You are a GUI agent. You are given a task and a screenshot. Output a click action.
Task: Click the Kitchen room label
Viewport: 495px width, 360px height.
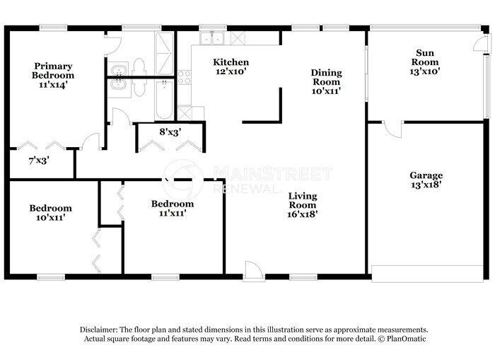[x=231, y=62]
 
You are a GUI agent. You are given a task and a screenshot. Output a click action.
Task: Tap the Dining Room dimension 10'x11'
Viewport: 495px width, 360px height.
[x=327, y=91]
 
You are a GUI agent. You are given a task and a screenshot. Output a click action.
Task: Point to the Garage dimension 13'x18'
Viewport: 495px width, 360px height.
[x=426, y=185]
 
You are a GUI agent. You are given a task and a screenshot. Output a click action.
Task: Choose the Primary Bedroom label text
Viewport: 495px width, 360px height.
[x=54, y=71]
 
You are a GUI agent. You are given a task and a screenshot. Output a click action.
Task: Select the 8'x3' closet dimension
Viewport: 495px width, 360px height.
[x=170, y=131]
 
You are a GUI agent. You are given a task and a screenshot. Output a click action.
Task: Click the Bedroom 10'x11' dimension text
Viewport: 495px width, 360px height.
[x=50, y=218]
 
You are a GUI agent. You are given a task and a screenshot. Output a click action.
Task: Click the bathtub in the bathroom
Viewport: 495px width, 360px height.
[x=164, y=99]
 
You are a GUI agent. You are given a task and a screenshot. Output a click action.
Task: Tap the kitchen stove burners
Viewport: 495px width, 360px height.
[x=184, y=76]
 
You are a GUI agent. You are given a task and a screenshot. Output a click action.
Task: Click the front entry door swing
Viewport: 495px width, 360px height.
[x=253, y=270]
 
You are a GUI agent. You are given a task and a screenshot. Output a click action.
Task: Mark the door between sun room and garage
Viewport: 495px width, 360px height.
[x=393, y=128]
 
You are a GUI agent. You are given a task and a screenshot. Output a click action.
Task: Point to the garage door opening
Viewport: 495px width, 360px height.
[x=426, y=273]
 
